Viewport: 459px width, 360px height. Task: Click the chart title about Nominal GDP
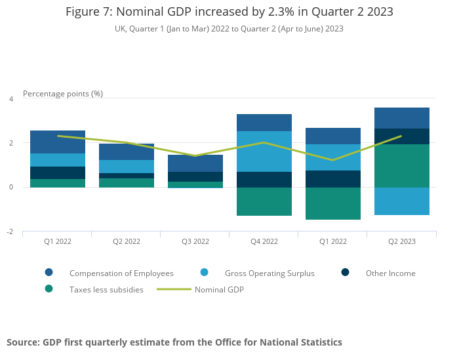(x=229, y=12)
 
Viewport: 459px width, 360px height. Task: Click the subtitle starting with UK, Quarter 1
(x=229, y=29)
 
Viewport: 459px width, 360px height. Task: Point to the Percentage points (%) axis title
(x=63, y=94)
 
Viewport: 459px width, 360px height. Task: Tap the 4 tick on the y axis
(x=10, y=99)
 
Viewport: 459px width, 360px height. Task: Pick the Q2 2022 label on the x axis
(x=127, y=241)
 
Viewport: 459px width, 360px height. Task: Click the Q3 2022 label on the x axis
(x=195, y=241)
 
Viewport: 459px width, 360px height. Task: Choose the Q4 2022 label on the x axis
(x=264, y=241)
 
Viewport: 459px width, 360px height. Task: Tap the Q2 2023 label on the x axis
(x=402, y=241)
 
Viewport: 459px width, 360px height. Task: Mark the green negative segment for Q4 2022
(x=264, y=202)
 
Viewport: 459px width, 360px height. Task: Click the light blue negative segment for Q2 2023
(x=402, y=201)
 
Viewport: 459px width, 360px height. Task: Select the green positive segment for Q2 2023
(x=402, y=166)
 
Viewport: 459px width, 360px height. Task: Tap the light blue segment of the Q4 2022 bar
(x=264, y=151)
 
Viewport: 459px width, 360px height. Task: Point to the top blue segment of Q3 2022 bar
(x=195, y=163)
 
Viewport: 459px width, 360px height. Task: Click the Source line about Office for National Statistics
(x=174, y=342)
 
